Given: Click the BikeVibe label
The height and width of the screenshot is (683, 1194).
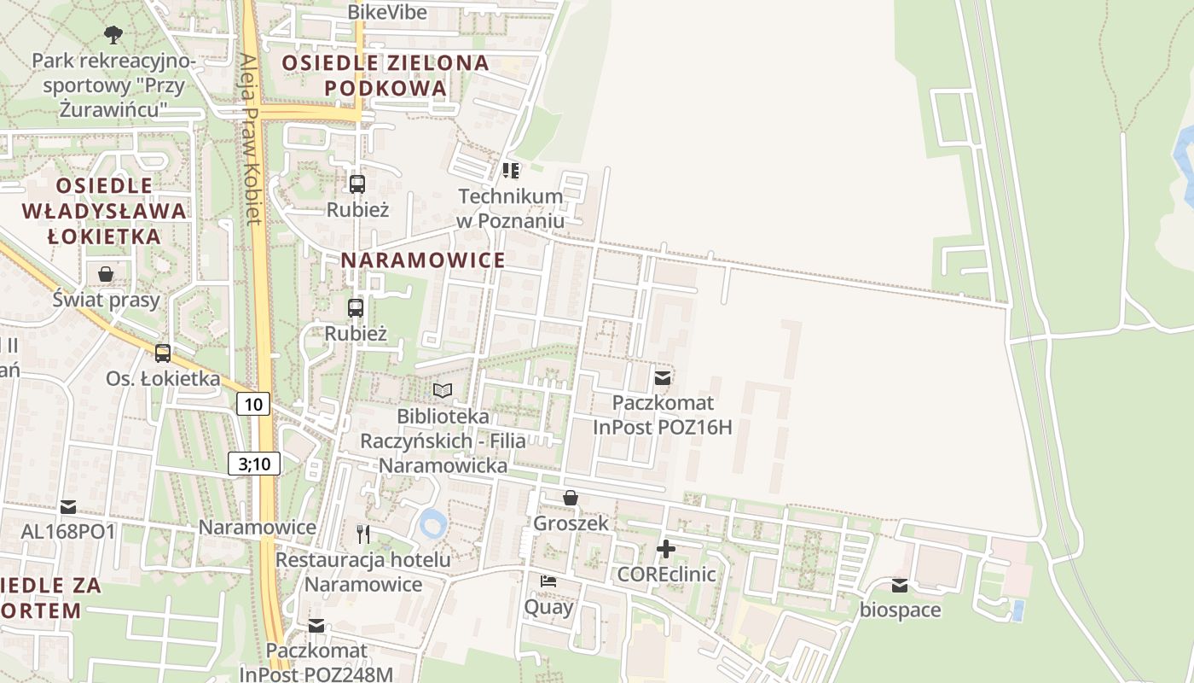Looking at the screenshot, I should pos(387,12).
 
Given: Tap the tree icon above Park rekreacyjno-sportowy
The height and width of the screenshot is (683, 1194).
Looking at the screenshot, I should pos(113,35).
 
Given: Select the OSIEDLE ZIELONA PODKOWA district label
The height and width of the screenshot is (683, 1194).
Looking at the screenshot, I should pos(385,75).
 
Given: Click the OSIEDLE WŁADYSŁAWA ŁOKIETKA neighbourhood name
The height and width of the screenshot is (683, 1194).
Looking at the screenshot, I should pos(104,211).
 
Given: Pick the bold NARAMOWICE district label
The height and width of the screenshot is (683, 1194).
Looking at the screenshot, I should pos(424,260).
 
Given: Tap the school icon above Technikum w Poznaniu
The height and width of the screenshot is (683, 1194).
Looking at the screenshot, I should pos(511,171).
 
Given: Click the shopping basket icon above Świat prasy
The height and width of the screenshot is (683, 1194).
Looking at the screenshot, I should pos(106,274).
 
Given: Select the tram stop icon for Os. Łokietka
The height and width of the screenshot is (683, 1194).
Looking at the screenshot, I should pos(162,353).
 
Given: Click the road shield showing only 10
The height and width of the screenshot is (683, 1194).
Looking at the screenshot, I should pos(253,404).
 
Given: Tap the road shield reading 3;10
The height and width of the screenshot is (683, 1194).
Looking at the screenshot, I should pos(254,464).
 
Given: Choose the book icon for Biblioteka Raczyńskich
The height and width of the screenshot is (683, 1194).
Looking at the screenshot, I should pos(443,391).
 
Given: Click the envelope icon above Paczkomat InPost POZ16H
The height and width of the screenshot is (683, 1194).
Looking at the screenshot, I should pos(662,378).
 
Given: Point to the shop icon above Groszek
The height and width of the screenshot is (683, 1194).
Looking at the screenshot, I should pos(571,498).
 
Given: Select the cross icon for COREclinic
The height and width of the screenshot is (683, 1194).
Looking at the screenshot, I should pos(666,548).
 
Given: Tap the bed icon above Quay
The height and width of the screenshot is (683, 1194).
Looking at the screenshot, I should pos(548,581).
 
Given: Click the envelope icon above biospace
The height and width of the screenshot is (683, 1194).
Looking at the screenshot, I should pos(900,585).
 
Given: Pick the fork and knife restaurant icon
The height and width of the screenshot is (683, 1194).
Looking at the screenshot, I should pos(363,534).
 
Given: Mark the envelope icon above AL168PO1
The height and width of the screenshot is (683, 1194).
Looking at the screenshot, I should pos(68,507).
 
